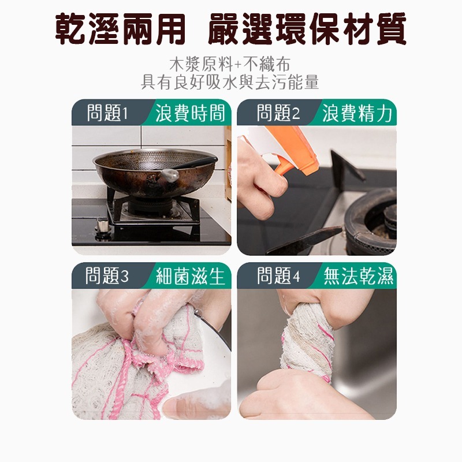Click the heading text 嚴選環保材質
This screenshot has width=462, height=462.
tap(307, 29)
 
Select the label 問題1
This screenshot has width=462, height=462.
tap(107, 113)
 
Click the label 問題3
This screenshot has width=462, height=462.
tap(107, 277)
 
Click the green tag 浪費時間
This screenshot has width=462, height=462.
tap(190, 113)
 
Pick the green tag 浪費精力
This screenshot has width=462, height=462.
tap(357, 113)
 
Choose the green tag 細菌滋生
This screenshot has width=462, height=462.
tap(190, 277)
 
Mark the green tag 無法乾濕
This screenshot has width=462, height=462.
tap(359, 277)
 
